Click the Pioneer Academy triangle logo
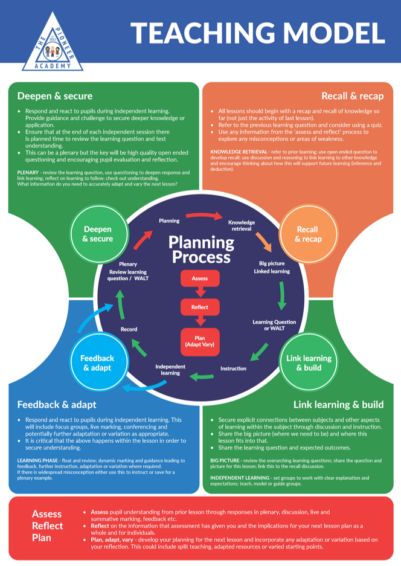tap(53, 43)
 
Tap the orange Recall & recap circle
tap(308, 234)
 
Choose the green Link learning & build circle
tap(309, 363)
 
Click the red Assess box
tap(200, 278)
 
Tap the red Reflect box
tap(200, 307)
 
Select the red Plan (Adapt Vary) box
tap(200, 341)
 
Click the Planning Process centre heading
tap(201, 250)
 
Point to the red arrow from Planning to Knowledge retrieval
tap(204, 216)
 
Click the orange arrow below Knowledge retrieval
tap(264, 242)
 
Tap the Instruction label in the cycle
tap(234, 368)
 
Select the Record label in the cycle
tap(129, 329)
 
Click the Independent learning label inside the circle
tap(170, 370)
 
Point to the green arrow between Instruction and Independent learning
tap(202, 377)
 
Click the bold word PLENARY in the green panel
tap(28, 173)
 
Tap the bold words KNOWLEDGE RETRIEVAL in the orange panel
tap(239, 152)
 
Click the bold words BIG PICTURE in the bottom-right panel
tap(225, 461)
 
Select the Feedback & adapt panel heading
tap(57, 405)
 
